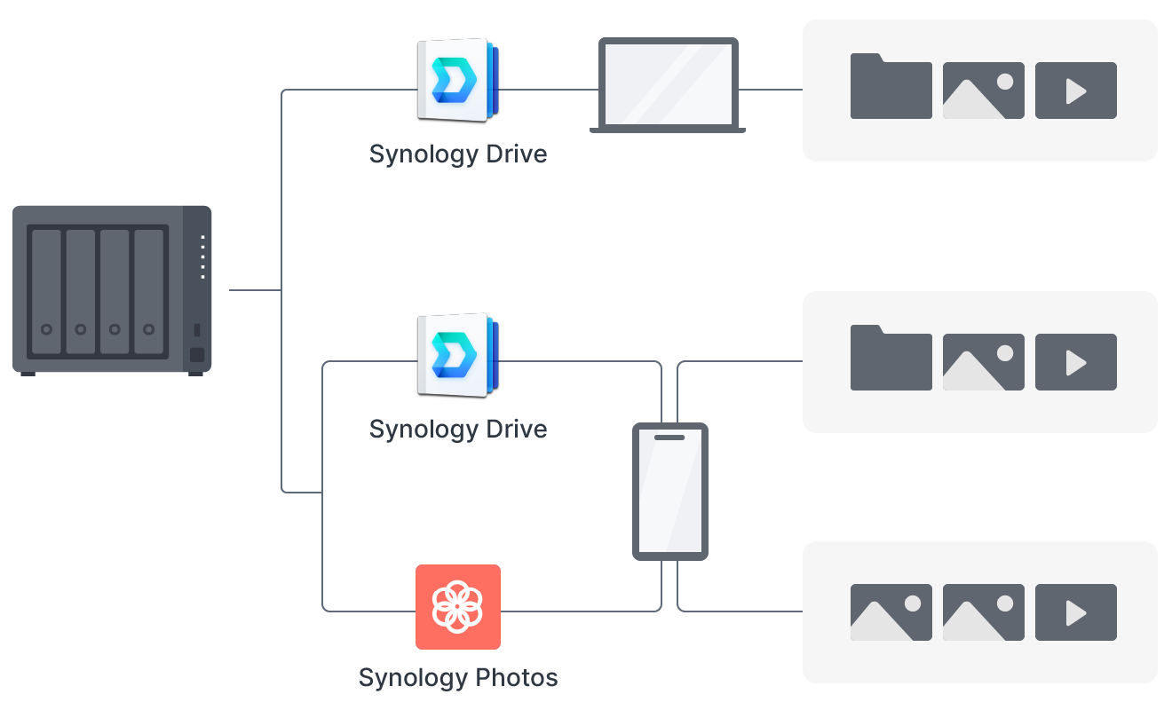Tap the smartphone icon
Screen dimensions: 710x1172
pos(670,491)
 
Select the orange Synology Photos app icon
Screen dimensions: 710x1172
pos(458,607)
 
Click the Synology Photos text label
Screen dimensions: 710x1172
pos(458,678)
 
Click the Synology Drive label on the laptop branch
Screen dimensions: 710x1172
pos(458,154)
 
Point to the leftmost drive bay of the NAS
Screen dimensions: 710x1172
pos(46,291)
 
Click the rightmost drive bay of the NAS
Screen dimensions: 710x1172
pos(149,291)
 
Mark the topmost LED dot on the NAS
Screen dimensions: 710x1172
pos(202,238)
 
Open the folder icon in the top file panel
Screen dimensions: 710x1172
pos(891,87)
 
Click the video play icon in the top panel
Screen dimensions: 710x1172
pos(1075,91)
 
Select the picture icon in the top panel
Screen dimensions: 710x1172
pos(983,91)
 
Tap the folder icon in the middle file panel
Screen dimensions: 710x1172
pos(891,359)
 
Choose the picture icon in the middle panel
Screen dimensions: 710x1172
pos(983,362)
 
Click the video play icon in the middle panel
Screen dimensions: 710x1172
pos(1075,362)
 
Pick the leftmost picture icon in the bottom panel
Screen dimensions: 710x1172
pos(891,612)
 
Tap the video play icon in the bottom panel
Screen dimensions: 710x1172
pos(1075,612)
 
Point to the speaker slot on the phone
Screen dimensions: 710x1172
pos(669,437)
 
